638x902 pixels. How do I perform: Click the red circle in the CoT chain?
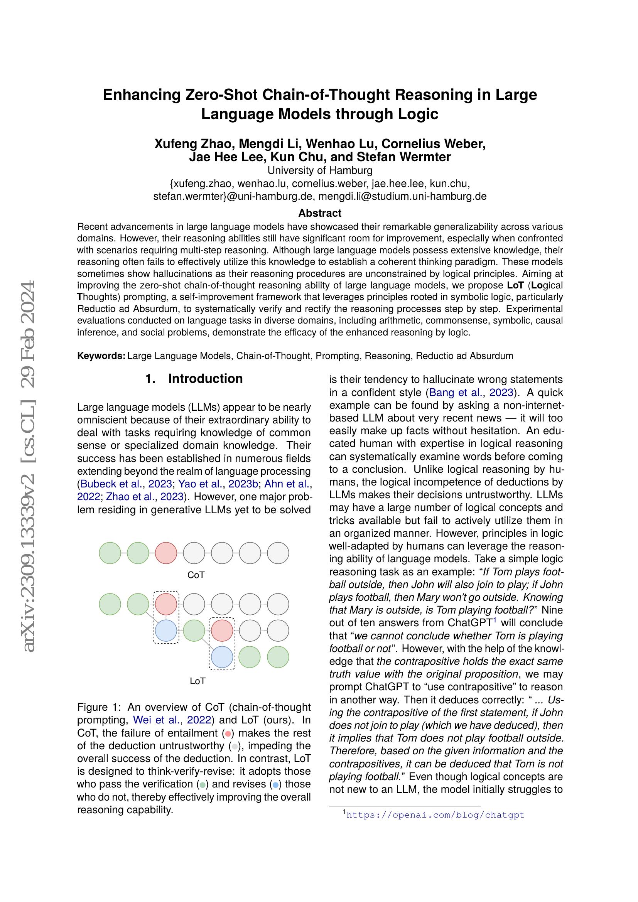point(166,553)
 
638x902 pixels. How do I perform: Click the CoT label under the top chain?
point(196,575)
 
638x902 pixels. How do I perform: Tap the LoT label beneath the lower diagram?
point(197,681)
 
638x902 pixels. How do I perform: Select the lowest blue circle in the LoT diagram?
point(222,657)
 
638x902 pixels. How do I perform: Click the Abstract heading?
point(319,213)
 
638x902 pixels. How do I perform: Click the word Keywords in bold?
point(101,356)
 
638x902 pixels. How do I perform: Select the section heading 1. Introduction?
point(194,379)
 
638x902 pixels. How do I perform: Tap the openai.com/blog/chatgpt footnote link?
point(435,815)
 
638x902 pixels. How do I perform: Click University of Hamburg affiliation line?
point(319,170)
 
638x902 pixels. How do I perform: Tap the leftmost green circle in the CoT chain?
point(110,553)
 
